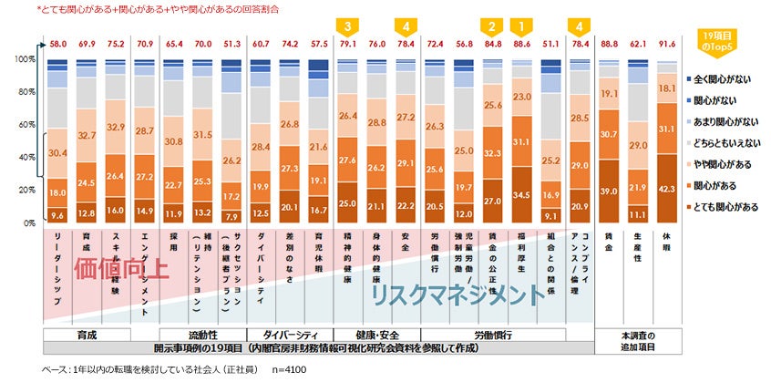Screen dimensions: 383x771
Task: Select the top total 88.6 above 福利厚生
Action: click(x=520, y=42)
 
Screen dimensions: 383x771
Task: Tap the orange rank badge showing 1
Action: click(x=520, y=26)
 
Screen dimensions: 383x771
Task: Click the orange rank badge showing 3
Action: click(x=347, y=26)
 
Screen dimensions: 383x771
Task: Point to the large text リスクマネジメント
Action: click(x=451, y=295)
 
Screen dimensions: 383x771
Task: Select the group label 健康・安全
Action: click(x=376, y=335)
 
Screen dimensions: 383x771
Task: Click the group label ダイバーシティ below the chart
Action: click(x=289, y=335)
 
